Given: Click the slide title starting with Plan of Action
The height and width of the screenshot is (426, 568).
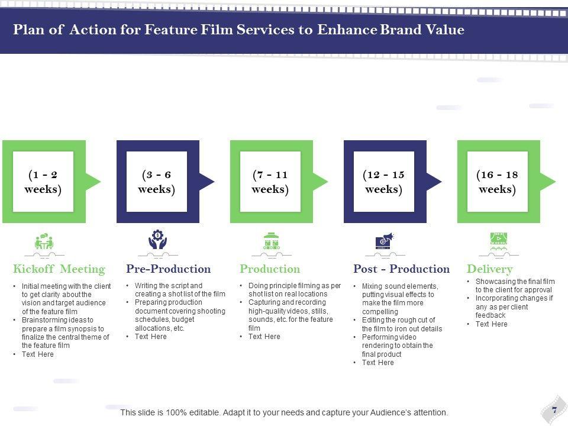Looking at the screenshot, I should [238, 30].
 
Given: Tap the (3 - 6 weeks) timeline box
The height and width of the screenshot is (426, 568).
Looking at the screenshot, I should [157, 182].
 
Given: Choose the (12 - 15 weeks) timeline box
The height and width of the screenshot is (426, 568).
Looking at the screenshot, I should [385, 182].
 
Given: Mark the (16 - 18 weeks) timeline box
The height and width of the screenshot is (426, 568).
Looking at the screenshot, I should [498, 182].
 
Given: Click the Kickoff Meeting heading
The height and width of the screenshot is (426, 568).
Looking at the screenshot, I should [59, 269].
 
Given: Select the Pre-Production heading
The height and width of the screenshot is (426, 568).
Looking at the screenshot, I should [169, 269].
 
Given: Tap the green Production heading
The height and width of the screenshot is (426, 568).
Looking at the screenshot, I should [270, 269].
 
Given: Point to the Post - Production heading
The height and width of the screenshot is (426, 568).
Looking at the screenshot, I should [401, 269].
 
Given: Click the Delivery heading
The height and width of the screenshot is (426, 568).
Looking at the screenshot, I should [490, 269].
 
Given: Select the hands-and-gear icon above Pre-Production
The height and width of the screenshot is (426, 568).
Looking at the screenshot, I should [157, 241].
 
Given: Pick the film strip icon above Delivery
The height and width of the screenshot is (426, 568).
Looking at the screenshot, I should [498, 240].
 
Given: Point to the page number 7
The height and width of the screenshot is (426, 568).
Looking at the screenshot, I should [554, 409].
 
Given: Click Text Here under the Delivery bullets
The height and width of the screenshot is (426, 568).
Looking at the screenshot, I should [491, 324].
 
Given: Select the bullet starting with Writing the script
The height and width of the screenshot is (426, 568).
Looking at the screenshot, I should [176, 289].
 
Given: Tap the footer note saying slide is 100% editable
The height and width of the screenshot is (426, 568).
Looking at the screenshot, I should [284, 412].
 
